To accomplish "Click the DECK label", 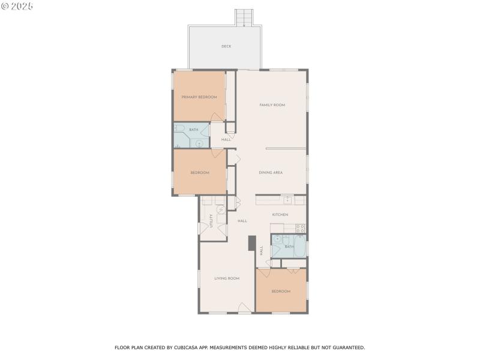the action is click(x=226, y=46).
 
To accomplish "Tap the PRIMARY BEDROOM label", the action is click(x=199, y=97).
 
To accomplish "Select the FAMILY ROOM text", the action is click(x=272, y=105).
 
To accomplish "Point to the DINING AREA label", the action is click(x=271, y=173).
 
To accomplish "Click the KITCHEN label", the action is click(x=280, y=215).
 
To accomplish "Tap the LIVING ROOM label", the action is click(x=227, y=278).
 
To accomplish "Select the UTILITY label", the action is click(x=211, y=221).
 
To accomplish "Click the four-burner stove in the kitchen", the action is click(x=301, y=229).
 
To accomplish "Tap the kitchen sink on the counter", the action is click(x=287, y=200).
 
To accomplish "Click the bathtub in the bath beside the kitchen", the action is click(x=300, y=246).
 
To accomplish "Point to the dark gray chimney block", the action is click(x=252, y=244).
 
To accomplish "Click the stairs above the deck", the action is click(x=244, y=18).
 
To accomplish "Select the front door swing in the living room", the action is click(x=244, y=307).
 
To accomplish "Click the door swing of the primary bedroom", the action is click(x=217, y=117).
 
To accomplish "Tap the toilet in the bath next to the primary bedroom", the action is click(x=179, y=128).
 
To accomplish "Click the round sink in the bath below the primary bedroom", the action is click(x=199, y=143).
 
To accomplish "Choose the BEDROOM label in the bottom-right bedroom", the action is click(x=281, y=291).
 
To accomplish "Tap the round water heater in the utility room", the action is click(x=221, y=209).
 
